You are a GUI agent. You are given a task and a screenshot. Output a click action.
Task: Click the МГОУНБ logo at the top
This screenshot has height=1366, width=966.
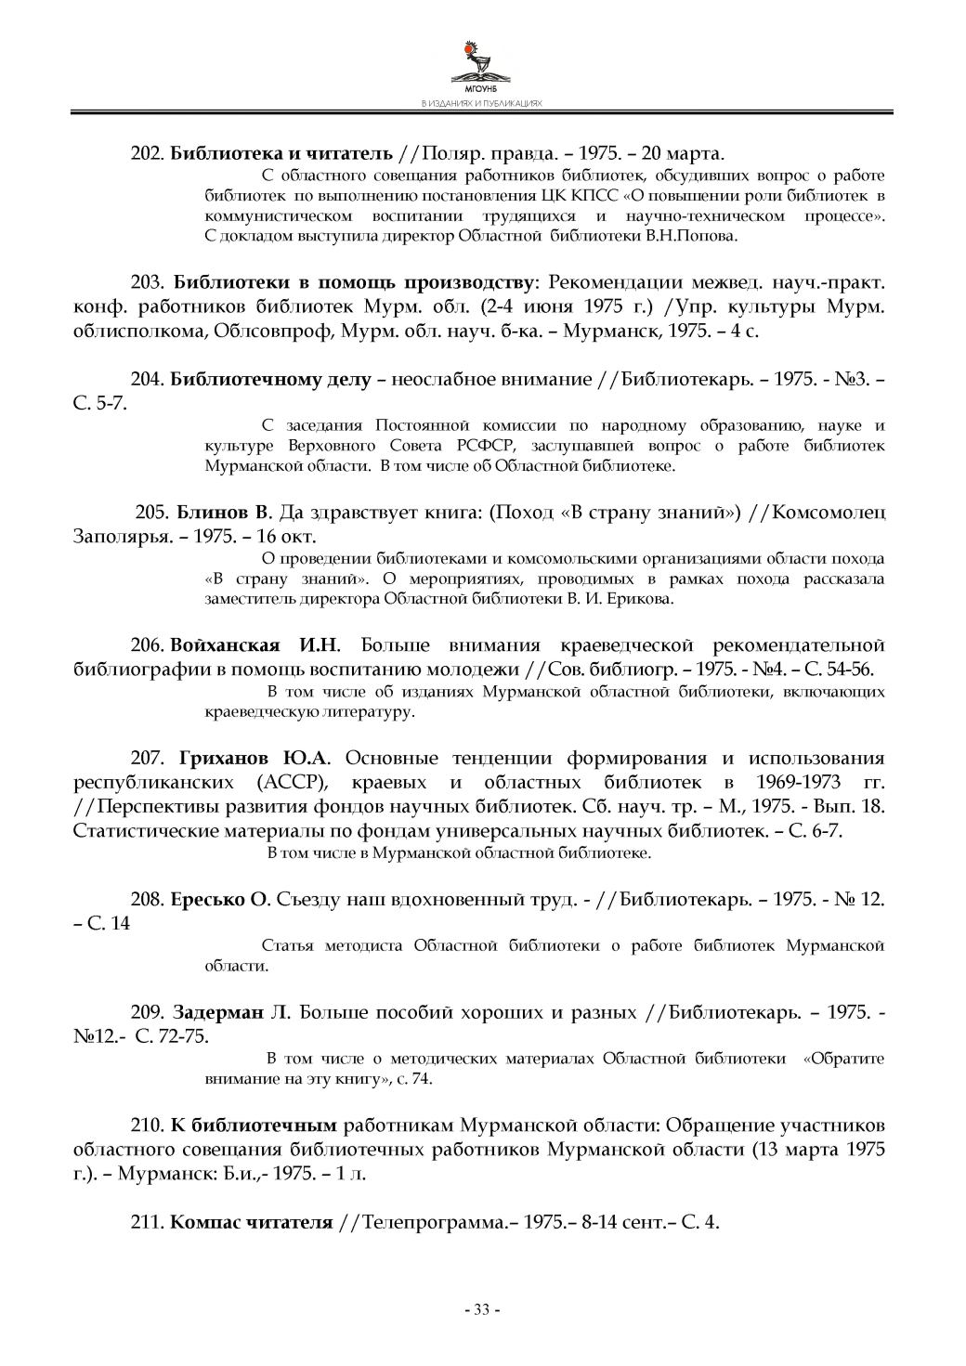(x=482, y=66)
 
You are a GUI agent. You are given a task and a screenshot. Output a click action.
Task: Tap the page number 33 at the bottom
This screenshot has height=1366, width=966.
(x=482, y=1310)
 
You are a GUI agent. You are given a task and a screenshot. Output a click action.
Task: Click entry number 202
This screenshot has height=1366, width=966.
(x=148, y=152)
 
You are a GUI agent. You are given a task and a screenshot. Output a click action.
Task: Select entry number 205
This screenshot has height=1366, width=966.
(x=152, y=513)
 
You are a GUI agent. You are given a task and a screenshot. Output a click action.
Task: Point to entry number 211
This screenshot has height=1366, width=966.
(x=148, y=1222)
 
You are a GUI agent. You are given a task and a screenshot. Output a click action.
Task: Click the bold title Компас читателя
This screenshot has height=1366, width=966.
(x=251, y=1222)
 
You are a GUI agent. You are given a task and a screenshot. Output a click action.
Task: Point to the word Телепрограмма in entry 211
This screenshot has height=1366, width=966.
(x=433, y=1222)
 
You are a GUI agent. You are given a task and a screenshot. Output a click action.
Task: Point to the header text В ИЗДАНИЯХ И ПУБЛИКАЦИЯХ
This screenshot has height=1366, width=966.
(x=481, y=104)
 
